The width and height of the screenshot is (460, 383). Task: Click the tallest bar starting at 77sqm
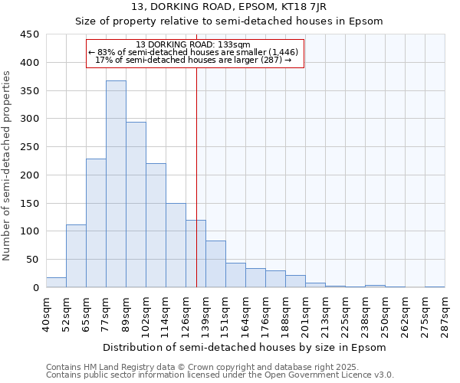(116, 184)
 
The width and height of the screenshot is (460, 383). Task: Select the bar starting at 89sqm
(136, 205)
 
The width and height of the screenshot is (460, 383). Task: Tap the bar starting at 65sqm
(96, 223)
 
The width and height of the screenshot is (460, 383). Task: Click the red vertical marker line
(197, 176)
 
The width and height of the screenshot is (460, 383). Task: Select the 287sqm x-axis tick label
(445, 314)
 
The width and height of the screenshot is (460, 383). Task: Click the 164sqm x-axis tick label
(246, 314)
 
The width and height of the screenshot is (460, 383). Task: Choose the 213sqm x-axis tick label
(326, 314)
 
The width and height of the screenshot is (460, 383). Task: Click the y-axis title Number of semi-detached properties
(7, 165)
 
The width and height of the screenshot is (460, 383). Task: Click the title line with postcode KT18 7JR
(229, 7)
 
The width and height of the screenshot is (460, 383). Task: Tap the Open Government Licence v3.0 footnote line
(220, 375)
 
